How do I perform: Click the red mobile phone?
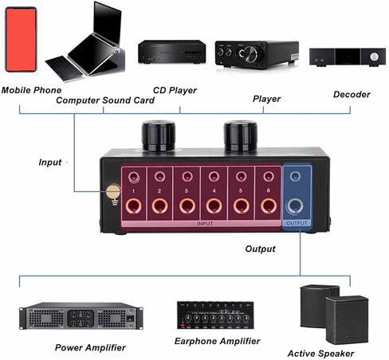tap(21, 39)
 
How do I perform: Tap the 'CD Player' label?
tap(175, 90)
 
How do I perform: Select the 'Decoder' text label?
tap(352, 94)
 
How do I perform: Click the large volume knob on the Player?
tap(249, 54)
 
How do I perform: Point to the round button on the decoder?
tap(374, 57)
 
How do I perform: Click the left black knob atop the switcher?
tap(159, 136)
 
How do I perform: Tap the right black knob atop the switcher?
tap(240, 136)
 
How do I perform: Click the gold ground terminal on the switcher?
tap(113, 192)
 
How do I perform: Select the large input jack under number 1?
tap(133, 206)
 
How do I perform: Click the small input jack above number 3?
tap(187, 176)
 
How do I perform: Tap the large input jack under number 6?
tap(269, 206)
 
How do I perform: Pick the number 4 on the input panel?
tap(214, 190)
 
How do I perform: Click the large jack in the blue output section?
tap(295, 206)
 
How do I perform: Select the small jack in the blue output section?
tap(295, 176)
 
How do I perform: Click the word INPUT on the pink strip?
tap(205, 224)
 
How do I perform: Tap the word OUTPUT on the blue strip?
tap(297, 223)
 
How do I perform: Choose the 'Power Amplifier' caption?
tap(90, 347)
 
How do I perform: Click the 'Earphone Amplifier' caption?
tap(217, 341)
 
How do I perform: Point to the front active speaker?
tap(347, 319)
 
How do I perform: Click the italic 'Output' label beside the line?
tap(260, 249)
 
